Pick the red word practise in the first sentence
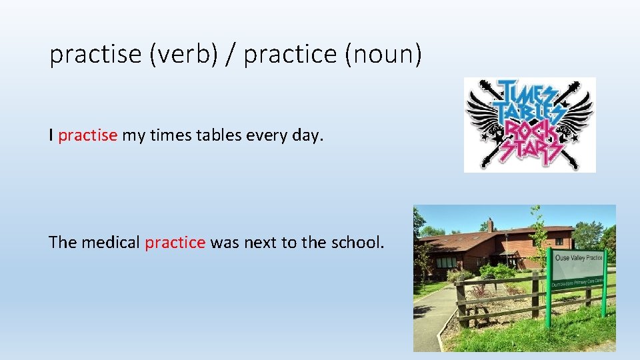(88, 136)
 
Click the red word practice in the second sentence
(175, 243)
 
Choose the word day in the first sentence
(309, 136)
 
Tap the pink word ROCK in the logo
(529, 129)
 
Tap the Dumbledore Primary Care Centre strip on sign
(577, 282)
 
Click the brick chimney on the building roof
(490, 225)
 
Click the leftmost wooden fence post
(460, 303)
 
